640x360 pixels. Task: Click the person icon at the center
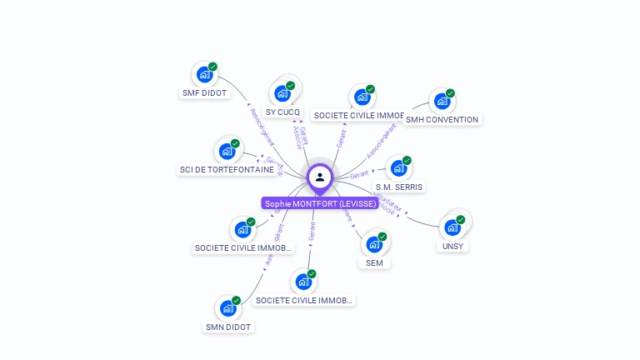pyautogui.click(x=320, y=177)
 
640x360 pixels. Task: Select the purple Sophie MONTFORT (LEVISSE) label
pyautogui.click(x=320, y=203)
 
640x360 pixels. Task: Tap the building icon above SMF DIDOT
pyautogui.click(x=204, y=75)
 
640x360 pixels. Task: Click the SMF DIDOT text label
pyautogui.click(x=204, y=93)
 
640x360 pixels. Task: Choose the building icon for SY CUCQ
pyautogui.click(x=282, y=93)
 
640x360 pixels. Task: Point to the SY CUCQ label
pyautogui.click(x=282, y=112)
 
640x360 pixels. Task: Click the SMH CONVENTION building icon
pyautogui.click(x=442, y=102)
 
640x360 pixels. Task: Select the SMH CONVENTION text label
pyautogui.click(x=442, y=120)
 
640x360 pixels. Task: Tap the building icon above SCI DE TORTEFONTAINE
pyautogui.click(x=227, y=152)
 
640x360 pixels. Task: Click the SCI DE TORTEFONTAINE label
pyautogui.click(x=227, y=170)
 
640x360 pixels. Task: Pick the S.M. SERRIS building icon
pyautogui.click(x=398, y=168)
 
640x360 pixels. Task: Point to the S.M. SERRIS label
pyautogui.click(x=398, y=187)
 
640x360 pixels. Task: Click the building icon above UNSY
pyautogui.click(x=452, y=227)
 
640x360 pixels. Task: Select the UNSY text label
pyautogui.click(x=453, y=246)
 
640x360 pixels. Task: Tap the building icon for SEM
pyautogui.click(x=374, y=244)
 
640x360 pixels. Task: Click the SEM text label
pyautogui.click(x=374, y=262)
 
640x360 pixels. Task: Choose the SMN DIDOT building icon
pyautogui.click(x=228, y=308)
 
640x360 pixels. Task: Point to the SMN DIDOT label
pyautogui.click(x=228, y=327)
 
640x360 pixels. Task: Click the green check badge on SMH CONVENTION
pyautogui.click(x=450, y=93)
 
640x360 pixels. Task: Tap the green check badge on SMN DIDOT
pyautogui.click(x=237, y=300)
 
